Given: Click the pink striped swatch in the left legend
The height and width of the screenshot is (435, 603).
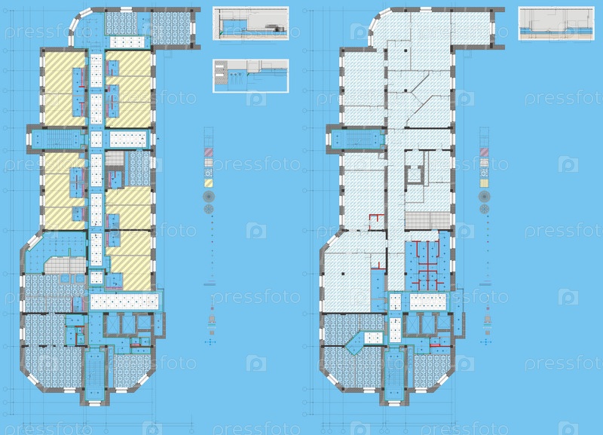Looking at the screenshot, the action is click(x=208, y=152).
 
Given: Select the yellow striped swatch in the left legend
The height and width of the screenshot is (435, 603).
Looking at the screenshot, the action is click(x=208, y=183).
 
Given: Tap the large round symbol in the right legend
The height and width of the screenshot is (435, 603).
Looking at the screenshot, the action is click(x=484, y=197).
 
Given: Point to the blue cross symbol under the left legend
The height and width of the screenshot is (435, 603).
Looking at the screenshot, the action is click(x=210, y=342).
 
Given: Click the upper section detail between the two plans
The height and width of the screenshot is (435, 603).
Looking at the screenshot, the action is click(x=250, y=23).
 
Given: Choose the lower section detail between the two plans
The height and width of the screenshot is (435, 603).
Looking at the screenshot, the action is click(x=251, y=76).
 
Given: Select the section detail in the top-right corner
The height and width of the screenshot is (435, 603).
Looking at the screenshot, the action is click(x=556, y=23).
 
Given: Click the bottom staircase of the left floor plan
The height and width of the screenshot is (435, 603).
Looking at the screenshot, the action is click(x=94, y=373).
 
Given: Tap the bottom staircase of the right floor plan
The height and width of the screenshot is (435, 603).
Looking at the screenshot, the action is click(x=393, y=373).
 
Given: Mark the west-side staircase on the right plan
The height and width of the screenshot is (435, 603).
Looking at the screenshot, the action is click(x=357, y=139).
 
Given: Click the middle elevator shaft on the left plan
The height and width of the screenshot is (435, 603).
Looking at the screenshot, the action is click(x=128, y=324).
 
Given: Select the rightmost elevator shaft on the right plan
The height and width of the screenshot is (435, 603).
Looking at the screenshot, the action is click(x=443, y=323).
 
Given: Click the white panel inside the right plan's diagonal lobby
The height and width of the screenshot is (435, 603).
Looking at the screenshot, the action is click(x=372, y=338).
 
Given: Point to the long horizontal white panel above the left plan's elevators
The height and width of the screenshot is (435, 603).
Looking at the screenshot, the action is click(x=124, y=302).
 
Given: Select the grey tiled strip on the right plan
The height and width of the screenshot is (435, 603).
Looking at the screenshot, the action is click(x=427, y=220).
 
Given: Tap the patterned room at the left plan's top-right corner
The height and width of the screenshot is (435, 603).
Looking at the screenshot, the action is click(x=171, y=28).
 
